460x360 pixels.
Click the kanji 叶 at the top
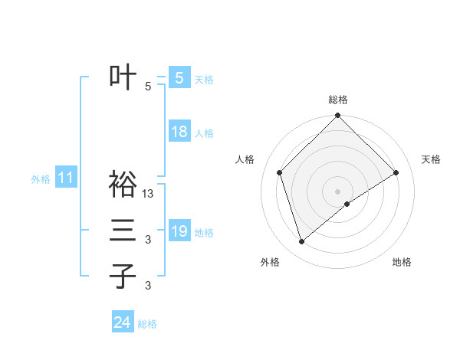pyautogui.click(x=123, y=77)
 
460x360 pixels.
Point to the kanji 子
pyautogui.click(x=123, y=276)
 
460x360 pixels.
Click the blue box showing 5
pyautogui.click(x=179, y=77)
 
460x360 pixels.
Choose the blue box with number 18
pyautogui.click(x=179, y=132)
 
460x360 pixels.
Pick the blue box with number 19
pyautogui.click(x=179, y=231)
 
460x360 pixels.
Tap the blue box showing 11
pyautogui.click(x=65, y=178)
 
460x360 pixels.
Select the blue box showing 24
pyautogui.click(x=122, y=322)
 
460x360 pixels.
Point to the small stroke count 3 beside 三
pyautogui.click(x=148, y=240)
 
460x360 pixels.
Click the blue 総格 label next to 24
pyautogui.click(x=147, y=324)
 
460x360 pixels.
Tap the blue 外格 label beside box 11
pyautogui.click(x=41, y=179)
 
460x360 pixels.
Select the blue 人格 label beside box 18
pyautogui.click(x=204, y=133)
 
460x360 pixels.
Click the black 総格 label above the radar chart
pyautogui.click(x=337, y=100)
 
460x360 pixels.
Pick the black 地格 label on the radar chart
pyautogui.click(x=402, y=262)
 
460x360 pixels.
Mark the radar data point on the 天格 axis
pyautogui.click(x=396, y=172)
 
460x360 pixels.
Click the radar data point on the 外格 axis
pyautogui.click(x=301, y=242)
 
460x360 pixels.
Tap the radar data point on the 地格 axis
pyautogui.click(x=347, y=204)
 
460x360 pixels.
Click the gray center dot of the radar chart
pyautogui.click(x=337, y=191)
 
